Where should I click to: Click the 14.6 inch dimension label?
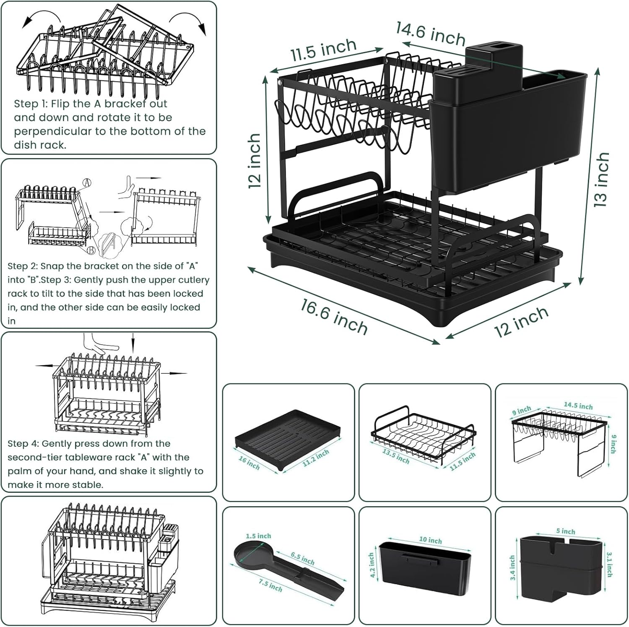[431, 33]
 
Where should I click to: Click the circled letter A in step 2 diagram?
[87, 183]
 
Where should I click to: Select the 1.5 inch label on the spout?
[258, 536]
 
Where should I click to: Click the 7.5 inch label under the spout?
[270, 584]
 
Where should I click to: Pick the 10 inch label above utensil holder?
[430, 540]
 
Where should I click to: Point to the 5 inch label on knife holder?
[566, 531]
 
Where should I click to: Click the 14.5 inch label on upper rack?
[578, 406]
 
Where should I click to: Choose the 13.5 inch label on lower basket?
[395, 456]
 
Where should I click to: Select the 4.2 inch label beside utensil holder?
[372, 565]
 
